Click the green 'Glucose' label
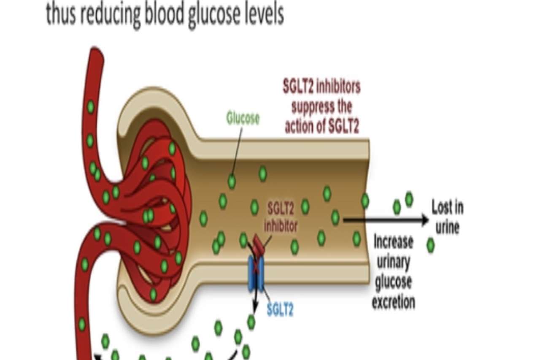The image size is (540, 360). [243, 119]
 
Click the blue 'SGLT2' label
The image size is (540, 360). [280, 310]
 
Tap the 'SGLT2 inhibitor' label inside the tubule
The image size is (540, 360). [281, 217]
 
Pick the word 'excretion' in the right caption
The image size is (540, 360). [393, 302]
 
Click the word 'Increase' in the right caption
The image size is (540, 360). [393, 242]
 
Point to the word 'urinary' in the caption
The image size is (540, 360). [393, 263]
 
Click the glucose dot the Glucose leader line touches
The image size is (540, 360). [232, 181]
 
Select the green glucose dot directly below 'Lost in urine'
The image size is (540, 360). [430, 245]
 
